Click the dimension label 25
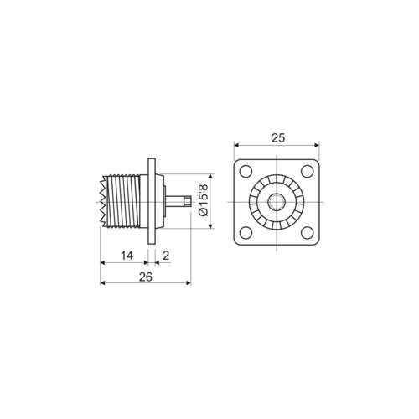277,138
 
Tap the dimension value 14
127,256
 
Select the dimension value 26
146,277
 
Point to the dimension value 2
166,256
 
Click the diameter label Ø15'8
203,200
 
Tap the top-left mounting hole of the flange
246,171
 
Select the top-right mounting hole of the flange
308,171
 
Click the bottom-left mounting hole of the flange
246,233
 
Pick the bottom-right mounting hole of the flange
308,233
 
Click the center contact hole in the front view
277,202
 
